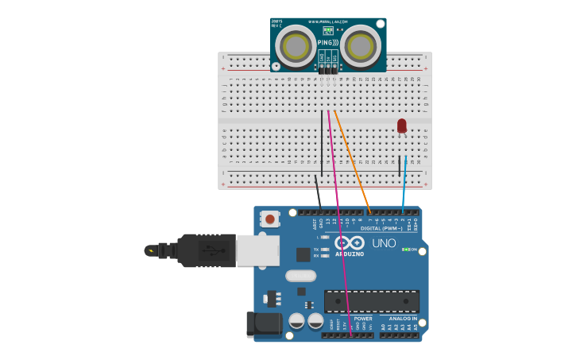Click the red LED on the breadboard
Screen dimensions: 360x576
402,126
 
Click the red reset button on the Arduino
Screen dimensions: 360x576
270,219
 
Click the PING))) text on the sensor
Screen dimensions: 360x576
328,42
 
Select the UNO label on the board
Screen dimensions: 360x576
384,243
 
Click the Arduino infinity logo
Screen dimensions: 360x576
349,242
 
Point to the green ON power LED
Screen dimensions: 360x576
406,250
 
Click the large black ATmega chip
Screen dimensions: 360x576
371,301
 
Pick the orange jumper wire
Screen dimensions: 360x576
353,159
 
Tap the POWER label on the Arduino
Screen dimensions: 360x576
363,319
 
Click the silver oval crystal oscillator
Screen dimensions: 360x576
300,276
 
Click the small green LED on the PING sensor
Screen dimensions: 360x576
328,29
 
